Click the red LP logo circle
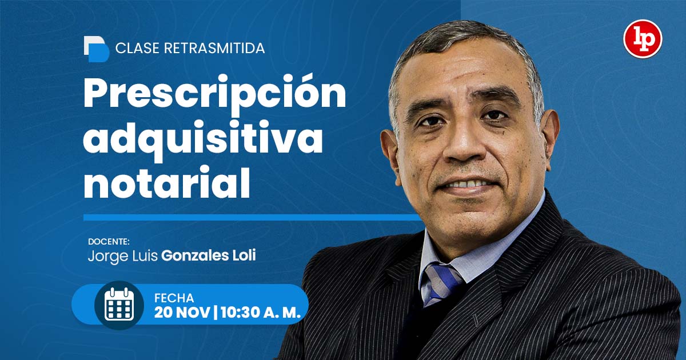[x=643, y=39]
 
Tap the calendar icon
[x=119, y=304]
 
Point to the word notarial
[x=167, y=182]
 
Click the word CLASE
[x=137, y=49]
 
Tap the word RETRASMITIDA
[x=215, y=49]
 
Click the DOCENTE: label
[x=109, y=242]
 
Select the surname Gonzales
[x=195, y=255]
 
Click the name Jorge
[x=109, y=257]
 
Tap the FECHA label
[x=174, y=298]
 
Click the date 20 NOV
[x=182, y=313]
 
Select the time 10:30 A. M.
[x=261, y=313]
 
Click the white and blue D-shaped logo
[x=97, y=49]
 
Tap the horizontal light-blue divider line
[x=252, y=217]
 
